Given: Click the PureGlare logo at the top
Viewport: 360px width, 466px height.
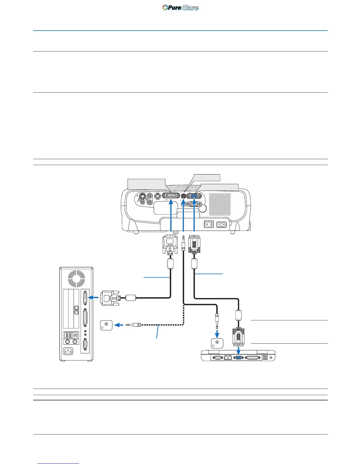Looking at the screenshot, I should tap(180, 8).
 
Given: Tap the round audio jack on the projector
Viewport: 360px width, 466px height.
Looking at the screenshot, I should tap(184, 196).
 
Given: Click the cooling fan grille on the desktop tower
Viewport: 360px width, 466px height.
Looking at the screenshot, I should tap(76, 278).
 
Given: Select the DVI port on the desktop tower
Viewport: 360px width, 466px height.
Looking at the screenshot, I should tap(85, 297).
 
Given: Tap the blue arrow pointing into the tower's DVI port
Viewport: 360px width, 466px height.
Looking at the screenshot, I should tap(94, 297).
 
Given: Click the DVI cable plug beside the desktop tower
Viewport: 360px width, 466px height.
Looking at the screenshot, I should tap(110, 298).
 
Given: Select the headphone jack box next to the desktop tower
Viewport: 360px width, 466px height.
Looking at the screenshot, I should tap(106, 325).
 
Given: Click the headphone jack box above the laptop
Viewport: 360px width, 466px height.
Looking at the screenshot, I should tap(217, 343).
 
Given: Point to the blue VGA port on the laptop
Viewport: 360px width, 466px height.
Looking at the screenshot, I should tap(239, 357).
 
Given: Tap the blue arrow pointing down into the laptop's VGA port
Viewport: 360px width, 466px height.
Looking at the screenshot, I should tap(239, 350).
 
